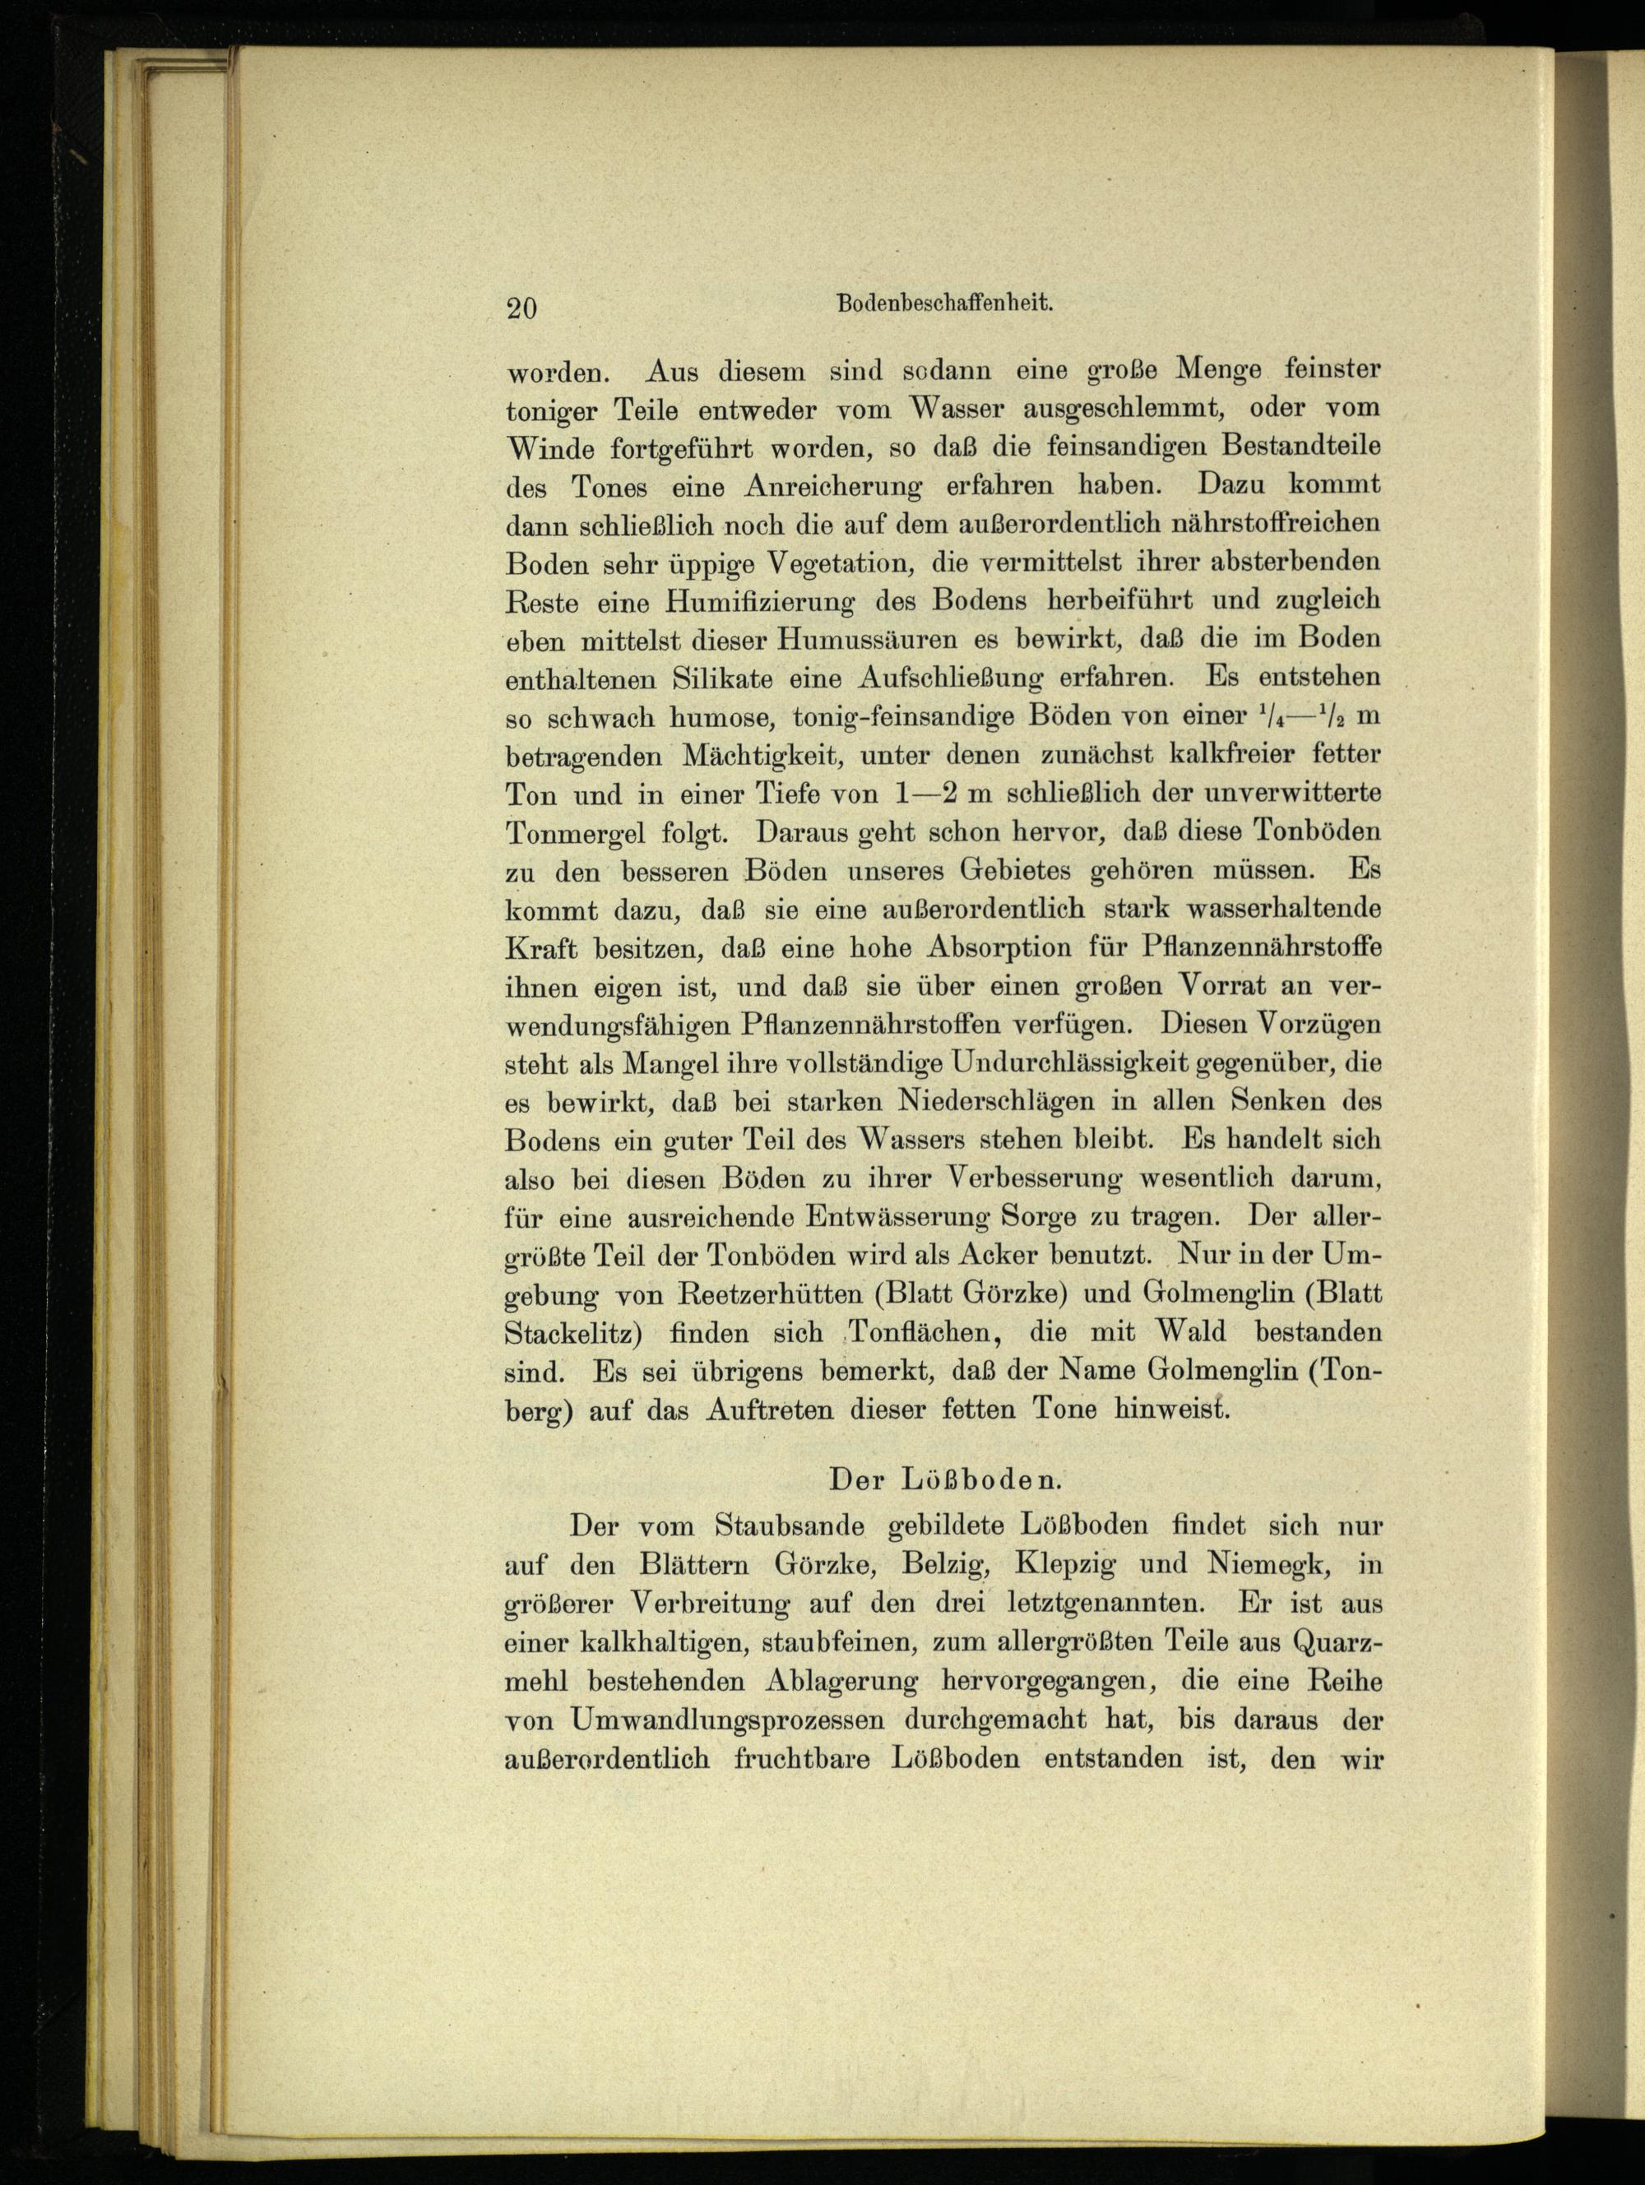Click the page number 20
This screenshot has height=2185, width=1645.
(x=521, y=308)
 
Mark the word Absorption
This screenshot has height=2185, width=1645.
(x=1000, y=948)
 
